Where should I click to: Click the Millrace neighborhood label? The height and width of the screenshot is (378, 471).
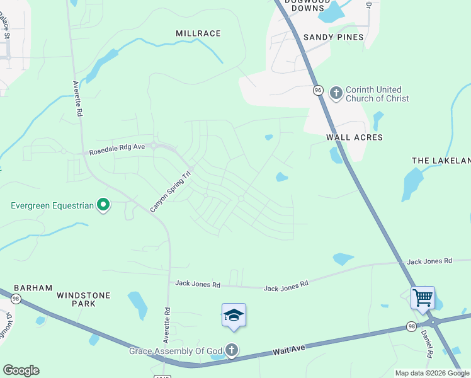pyautogui.click(x=198, y=33)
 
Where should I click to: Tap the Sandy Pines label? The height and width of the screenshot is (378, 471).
pyautogui.click(x=334, y=37)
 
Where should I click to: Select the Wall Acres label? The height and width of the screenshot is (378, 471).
pyautogui.click(x=355, y=137)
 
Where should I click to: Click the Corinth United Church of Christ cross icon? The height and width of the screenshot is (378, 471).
pyautogui.click(x=336, y=93)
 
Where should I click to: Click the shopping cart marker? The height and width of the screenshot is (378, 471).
pyautogui.click(x=423, y=297)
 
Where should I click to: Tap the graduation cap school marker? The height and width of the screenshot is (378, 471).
pyautogui.click(x=234, y=314)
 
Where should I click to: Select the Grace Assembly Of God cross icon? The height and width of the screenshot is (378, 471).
pyautogui.click(x=232, y=350)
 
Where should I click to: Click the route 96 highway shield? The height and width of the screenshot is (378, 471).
pyautogui.click(x=318, y=91)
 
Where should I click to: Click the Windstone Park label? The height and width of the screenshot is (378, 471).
pyautogui.click(x=84, y=299)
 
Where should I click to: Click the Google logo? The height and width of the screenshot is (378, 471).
pyautogui.click(x=21, y=370)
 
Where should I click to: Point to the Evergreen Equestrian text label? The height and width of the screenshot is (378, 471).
pyautogui.click(x=52, y=205)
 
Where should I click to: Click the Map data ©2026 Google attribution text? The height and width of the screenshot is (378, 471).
pyautogui.click(x=432, y=373)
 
